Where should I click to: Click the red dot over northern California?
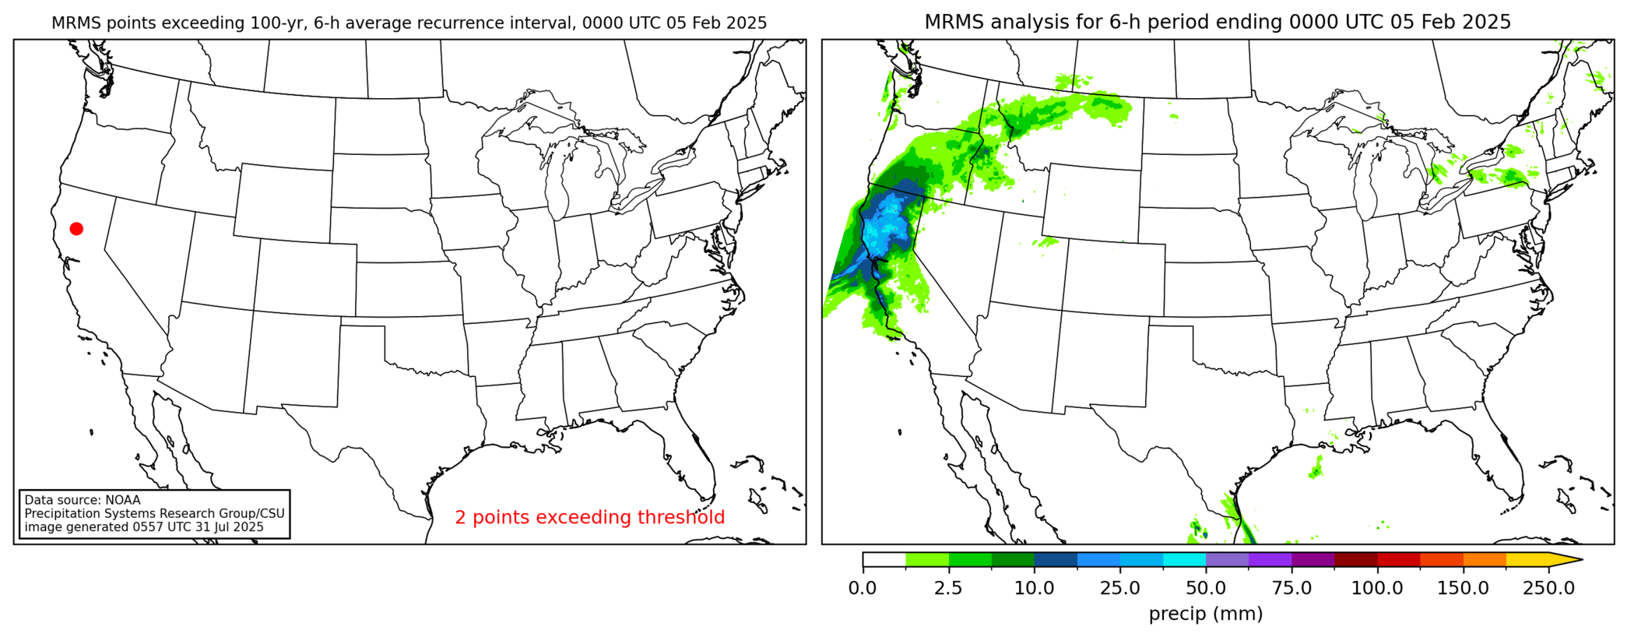coord(76,228)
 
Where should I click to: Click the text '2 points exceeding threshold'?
coord(589,517)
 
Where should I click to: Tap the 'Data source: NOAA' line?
coord(83,500)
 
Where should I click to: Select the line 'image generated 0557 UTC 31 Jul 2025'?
coord(144,527)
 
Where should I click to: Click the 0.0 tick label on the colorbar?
coord(863,588)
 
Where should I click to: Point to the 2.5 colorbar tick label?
coord(948,588)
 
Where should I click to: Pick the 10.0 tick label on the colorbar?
coord(1034,588)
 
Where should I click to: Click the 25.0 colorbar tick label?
coord(1119,588)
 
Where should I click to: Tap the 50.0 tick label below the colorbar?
coord(1206,588)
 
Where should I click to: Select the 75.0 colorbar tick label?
coord(1291,588)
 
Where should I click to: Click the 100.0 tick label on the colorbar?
coord(1377,588)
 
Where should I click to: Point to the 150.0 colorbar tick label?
coord(1463,588)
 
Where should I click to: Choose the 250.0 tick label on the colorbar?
coord(1548,588)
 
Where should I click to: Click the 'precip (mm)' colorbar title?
coord(1206,614)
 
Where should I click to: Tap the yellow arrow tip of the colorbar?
coord(1573,559)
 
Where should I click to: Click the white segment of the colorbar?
coord(884,559)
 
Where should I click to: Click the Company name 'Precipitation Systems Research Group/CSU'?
coord(154,514)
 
